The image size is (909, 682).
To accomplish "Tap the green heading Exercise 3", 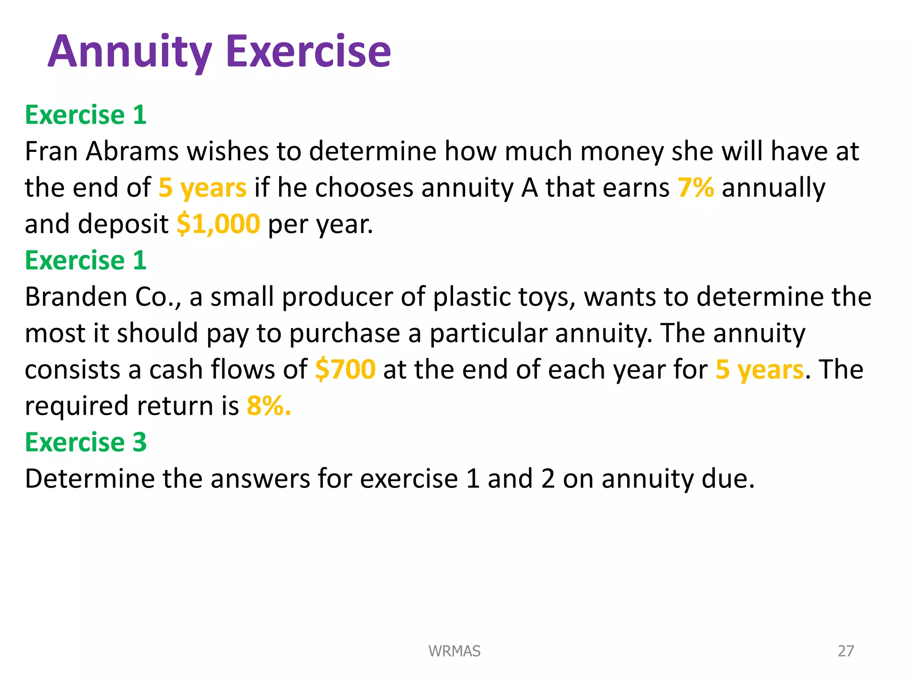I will pyautogui.click(x=86, y=442).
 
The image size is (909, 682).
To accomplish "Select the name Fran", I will pyautogui.click(x=51, y=151).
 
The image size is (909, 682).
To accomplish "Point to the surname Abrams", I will pyautogui.click(x=132, y=151).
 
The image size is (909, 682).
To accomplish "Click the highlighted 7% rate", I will pyautogui.click(x=696, y=188).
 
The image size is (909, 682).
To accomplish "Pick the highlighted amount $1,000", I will pyautogui.click(x=218, y=224).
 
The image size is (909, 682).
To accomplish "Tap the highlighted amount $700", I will pyautogui.click(x=345, y=369).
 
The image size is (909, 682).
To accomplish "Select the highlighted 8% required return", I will pyautogui.click(x=269, y=406).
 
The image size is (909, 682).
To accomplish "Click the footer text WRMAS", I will pyautogui.click(x=454, y=651).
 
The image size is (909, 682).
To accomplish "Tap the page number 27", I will pyautogui.click(x=846, y=651).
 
